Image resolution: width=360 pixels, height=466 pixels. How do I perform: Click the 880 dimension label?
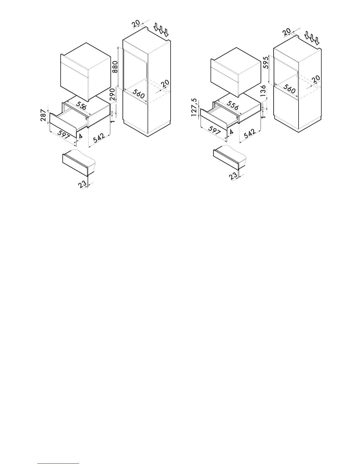(x=115, y=67)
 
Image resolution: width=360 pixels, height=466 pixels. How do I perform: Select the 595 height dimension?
(x=266, y=63)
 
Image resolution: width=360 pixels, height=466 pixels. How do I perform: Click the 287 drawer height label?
(x=43, y=115)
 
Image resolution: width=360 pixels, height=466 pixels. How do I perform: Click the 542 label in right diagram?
(x=249, y=134)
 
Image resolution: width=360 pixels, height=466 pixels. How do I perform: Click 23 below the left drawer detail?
(x=82, y=184)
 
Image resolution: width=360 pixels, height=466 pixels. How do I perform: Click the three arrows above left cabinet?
(x=161, y=30)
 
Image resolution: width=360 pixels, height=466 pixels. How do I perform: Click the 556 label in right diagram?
(x=233, y=106)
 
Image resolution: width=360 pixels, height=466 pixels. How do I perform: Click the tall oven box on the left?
(x=86, y=72)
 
